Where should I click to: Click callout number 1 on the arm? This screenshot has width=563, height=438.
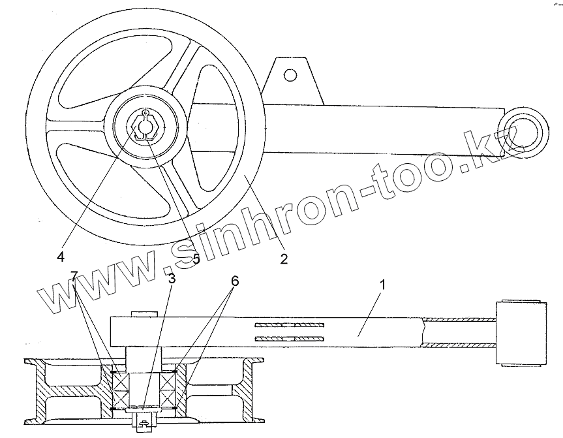click(x=383, y=285)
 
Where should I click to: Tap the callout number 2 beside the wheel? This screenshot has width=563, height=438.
click(x=284, y=258)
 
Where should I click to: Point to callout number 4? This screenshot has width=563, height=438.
click(x=61, y=257)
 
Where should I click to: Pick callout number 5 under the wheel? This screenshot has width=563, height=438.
click(x=196, y=259)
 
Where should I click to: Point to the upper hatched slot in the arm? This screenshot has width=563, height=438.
click(x=290, y=324)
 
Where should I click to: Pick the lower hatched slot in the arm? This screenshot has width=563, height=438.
click(x=290, y=338)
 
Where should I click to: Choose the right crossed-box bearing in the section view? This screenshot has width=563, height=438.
click(x=169, y=390)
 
